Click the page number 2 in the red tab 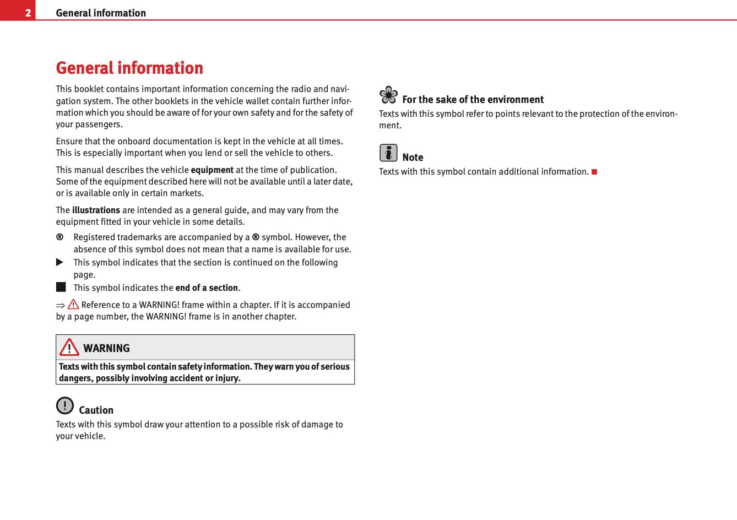(x=28, y=13)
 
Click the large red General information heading (x=129, y=68)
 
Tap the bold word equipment (x=212, y=170)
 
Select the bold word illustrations (x=96, y=210)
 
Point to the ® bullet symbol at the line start (x=59, y=237)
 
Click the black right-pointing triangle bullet (x=60, y=262)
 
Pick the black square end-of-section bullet (x=61, y=287)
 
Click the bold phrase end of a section (x=207, y=288)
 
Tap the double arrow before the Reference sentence (x=61, y=305)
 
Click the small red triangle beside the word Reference (x=73, y=304)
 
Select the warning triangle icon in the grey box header (x=69, y=347)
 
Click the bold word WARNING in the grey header (x=106, y=348)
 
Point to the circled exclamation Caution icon (x=65, y=405)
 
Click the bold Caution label (x=96, y=410)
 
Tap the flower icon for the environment (x=388, y=95)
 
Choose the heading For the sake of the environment (x=473, y=100)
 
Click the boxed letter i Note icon (x=388, y=153)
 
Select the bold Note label (x=413, y=158)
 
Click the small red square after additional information (x=594, y=172)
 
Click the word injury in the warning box (x=227, y=378)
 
